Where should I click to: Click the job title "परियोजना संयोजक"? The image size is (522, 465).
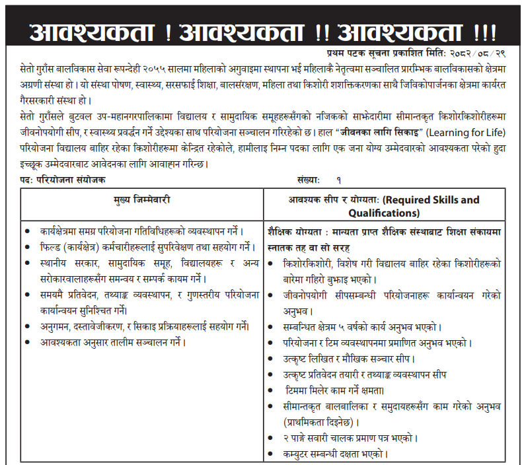tap(71, 180)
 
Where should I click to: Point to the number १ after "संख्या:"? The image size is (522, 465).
tap(338, 180)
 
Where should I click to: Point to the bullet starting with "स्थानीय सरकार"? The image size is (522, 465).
tap(142, 263)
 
